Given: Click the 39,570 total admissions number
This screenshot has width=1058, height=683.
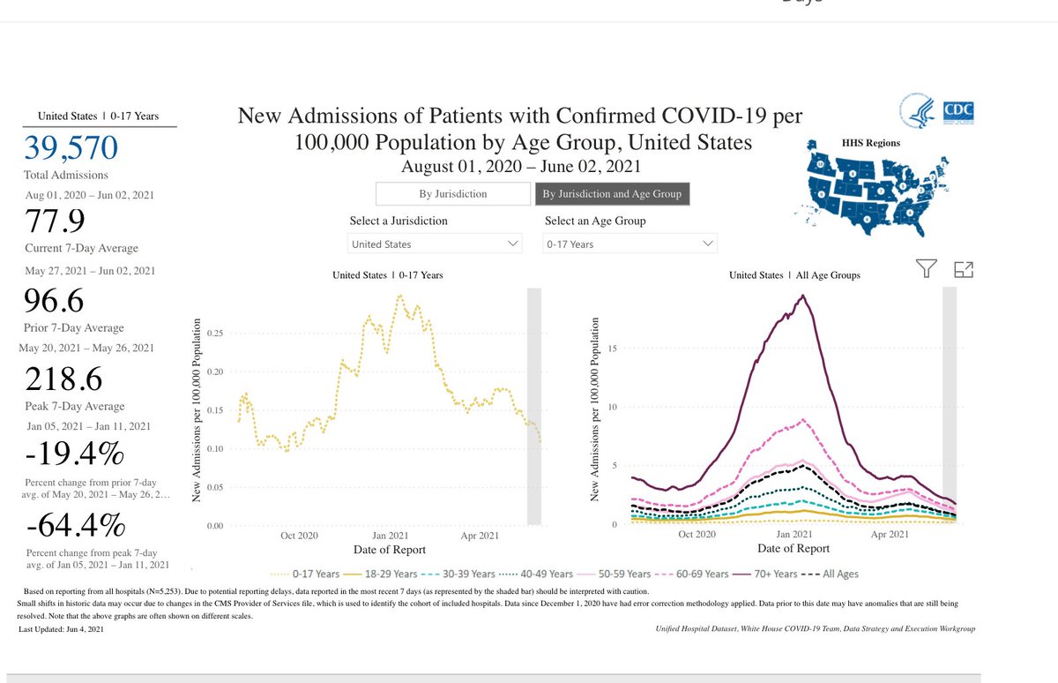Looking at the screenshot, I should [71, 147].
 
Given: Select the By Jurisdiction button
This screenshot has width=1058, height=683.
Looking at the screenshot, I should [452, 194].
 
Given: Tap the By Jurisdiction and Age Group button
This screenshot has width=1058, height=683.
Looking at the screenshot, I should [612, 194].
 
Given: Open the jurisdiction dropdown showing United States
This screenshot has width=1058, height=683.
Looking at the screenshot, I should [436, 244].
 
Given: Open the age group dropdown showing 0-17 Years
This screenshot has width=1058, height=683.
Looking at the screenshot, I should [630, 244].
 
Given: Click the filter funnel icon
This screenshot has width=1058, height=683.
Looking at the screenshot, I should [925, 270].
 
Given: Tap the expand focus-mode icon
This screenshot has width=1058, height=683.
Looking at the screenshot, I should [964, 270].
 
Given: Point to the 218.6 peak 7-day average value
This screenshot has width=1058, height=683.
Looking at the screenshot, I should [63, 379].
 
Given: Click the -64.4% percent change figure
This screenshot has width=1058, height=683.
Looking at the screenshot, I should [76, 526].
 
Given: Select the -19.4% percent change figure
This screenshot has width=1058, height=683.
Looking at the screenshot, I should [74, 455].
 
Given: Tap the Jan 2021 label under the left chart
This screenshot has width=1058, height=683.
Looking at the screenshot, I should [389, 535].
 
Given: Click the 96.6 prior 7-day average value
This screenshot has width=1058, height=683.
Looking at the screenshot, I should [56, 302].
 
